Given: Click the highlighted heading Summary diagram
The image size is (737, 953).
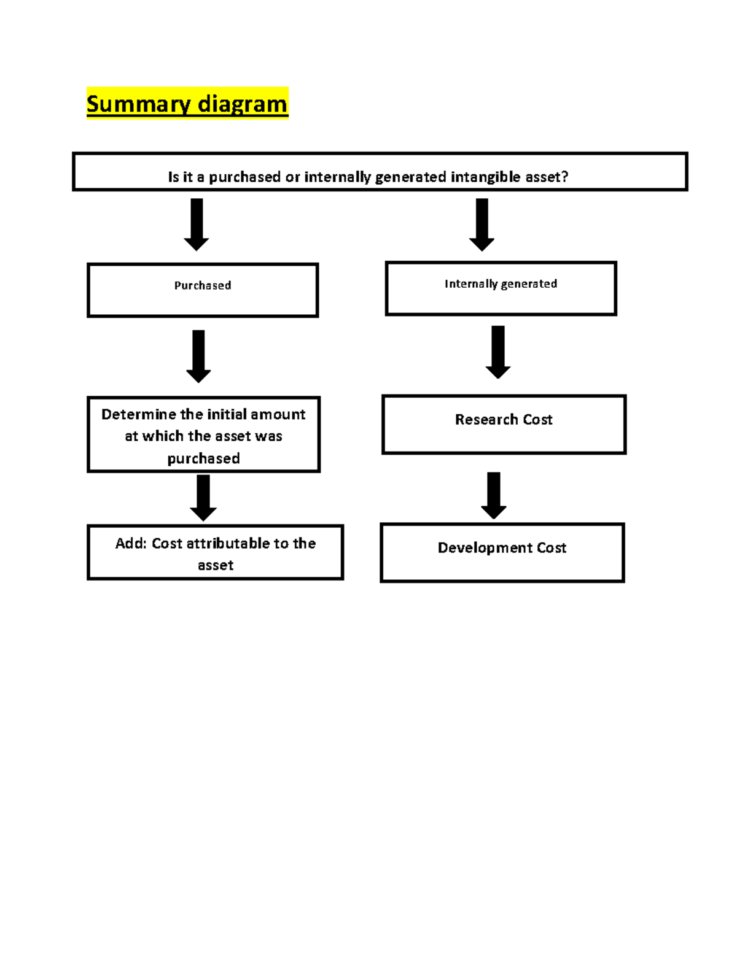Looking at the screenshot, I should (187, 104).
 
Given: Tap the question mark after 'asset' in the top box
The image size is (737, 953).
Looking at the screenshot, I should (564, 177).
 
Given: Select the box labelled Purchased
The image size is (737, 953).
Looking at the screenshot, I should (203, 290).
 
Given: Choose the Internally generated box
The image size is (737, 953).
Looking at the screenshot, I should (501, 288).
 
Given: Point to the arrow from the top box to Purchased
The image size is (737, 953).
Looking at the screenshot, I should (197, 224).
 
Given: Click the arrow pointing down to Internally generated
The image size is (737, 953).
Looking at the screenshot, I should (482, 224).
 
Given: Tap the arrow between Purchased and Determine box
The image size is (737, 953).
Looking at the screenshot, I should (198, 356).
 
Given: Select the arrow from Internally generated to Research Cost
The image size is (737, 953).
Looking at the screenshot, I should (498, 352).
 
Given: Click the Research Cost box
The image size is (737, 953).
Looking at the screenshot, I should (504, 425).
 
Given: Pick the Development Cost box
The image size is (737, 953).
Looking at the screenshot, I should (502, 552).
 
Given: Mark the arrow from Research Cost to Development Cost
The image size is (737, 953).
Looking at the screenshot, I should (494, 495).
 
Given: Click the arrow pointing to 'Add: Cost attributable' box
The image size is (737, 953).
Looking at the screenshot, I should (203, 498).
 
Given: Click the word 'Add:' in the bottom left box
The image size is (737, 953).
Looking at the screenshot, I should (131, 544).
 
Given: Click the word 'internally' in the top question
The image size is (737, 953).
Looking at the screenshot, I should (337, 177).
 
